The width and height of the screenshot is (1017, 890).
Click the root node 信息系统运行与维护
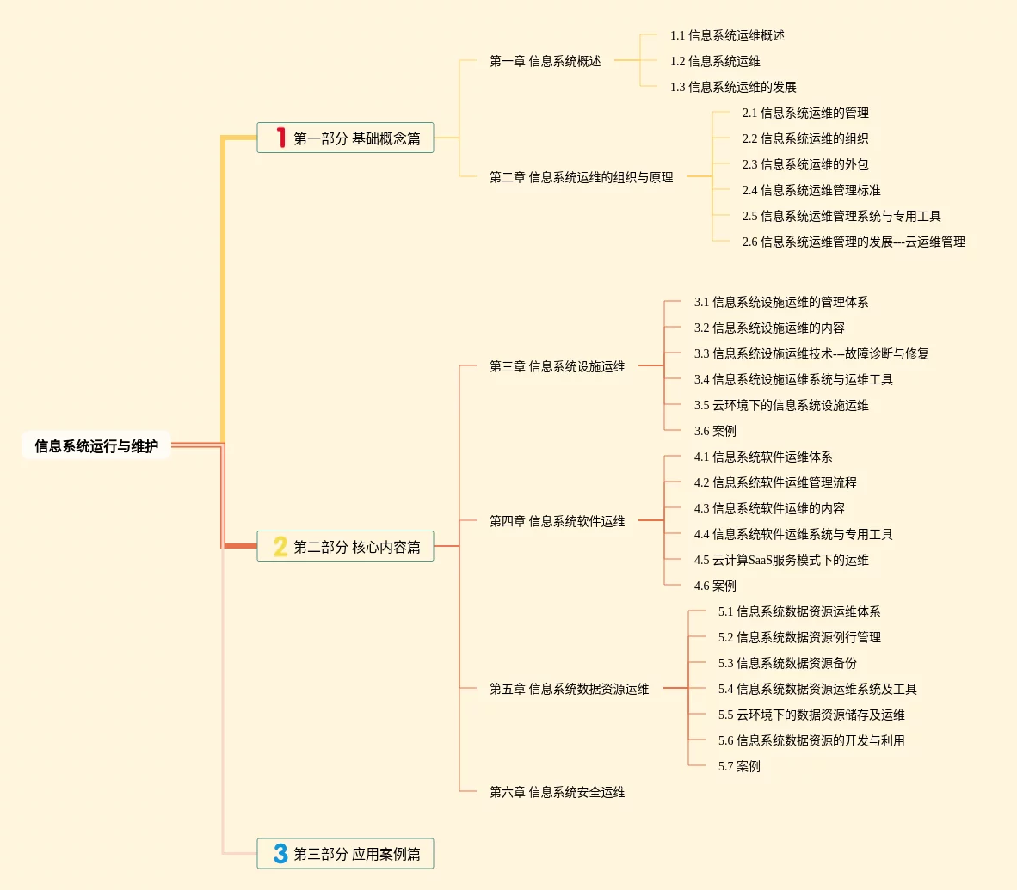click(96, 446)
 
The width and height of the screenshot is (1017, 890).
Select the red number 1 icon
click(280, 138)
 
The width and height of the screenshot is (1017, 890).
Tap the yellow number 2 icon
click(280, 546)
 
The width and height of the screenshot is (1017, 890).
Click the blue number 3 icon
click(280, 854)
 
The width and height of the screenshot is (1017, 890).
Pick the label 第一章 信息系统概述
click(545, 61)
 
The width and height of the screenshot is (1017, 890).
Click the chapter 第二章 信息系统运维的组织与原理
click(581, 177)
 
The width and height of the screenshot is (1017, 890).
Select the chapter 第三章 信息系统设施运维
click(557, 366)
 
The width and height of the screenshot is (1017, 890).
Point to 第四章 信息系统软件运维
click(557, 521)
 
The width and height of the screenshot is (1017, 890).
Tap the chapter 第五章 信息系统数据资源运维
click(569, 689)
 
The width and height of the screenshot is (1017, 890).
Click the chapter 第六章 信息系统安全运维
click(557, 792)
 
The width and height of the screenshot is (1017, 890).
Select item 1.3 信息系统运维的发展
click(733, 87)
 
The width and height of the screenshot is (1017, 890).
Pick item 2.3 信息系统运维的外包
click(805, 164)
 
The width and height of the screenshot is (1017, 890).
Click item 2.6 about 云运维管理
click(854, 242)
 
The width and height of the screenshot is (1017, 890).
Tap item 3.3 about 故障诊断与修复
click(811, 353)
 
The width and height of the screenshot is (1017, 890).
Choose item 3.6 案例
click(715, 431)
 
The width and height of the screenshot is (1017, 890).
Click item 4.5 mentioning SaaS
click(781, 560)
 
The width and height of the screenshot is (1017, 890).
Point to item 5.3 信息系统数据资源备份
click(787, 663)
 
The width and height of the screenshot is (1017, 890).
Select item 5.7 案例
click(739, 766)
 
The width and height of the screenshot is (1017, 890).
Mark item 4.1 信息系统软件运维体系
click(763, 457)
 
